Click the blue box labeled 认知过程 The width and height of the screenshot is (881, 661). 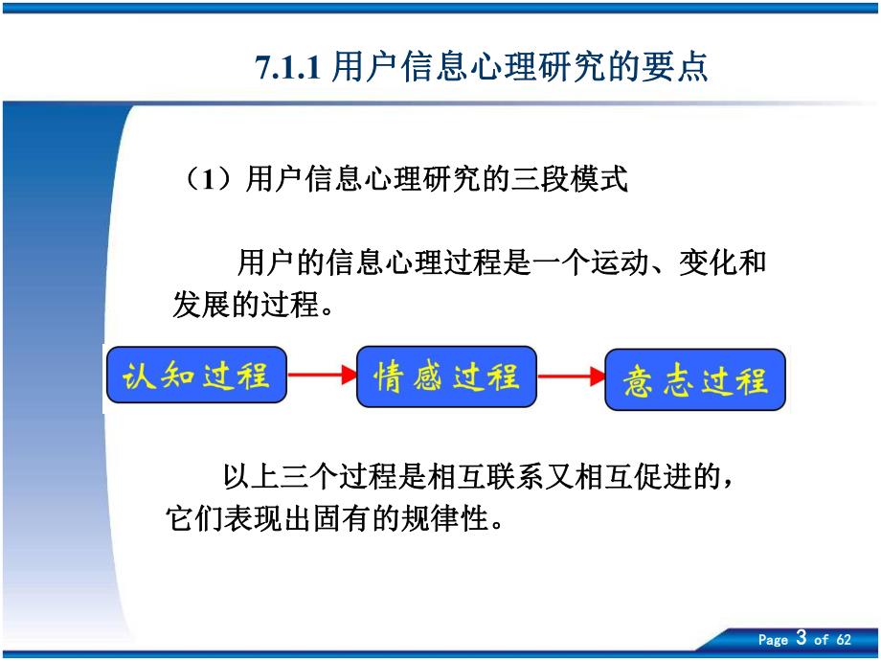pyautogui.click(x=196, y=375)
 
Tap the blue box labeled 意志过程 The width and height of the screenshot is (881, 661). pyautogui.click(x=694, y=379)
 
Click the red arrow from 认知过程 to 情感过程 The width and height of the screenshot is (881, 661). pyautogui.click(x=321, y=376)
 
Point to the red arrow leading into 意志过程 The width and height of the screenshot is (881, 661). pyautogui.click(x=571, y=376)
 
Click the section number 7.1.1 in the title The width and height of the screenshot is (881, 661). pyautogui.click(x=287, y=68)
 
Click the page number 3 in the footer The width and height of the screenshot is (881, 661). pyautogui.click(x=802, y=639)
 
